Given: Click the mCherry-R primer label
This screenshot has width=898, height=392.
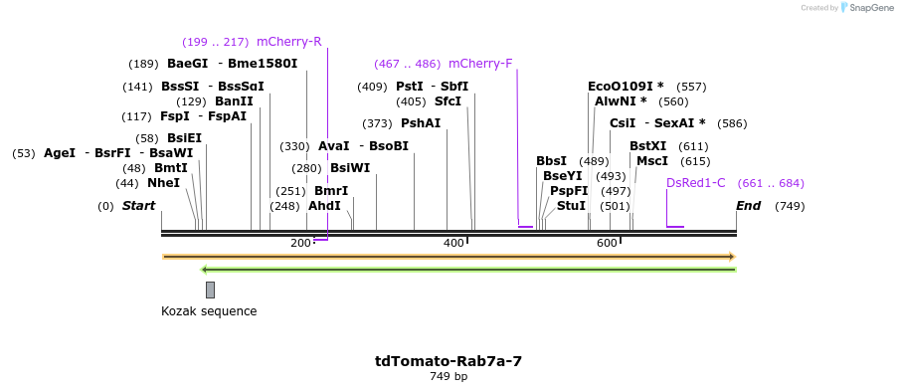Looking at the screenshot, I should point(288,42).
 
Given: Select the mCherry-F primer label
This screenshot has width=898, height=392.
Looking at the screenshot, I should point(480,64).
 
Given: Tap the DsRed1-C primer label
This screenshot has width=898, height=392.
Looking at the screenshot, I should point(696,183).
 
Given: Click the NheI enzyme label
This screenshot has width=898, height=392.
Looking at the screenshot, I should point(163,183).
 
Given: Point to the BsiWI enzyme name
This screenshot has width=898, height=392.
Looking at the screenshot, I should point(350,168).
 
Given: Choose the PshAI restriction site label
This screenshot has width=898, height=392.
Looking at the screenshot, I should point(420,123).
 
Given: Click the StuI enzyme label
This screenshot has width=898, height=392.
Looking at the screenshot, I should point(571,206).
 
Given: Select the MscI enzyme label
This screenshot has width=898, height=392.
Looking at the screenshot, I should point(652,161).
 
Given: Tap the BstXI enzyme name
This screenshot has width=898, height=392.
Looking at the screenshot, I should point(648,146).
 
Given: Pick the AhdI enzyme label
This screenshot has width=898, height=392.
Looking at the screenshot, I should point(324,206).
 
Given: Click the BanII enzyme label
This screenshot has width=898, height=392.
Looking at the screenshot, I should point(234,101).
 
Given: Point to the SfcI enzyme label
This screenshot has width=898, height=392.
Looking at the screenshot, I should point(448,101).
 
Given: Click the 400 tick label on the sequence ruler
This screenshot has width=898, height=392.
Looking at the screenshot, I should point(453,244).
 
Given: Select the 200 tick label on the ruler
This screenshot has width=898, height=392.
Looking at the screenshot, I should point(300,244).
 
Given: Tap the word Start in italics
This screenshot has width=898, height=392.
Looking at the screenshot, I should point(139,206).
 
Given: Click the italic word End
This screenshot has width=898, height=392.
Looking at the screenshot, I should point(748,206).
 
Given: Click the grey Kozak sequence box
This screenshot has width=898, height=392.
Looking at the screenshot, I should point(210,290).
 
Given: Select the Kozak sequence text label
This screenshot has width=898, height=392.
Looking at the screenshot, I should point(209,311).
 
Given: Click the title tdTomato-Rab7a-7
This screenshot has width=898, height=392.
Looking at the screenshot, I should point(449,360).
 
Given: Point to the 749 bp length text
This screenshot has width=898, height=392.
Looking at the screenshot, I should point(449,376).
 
